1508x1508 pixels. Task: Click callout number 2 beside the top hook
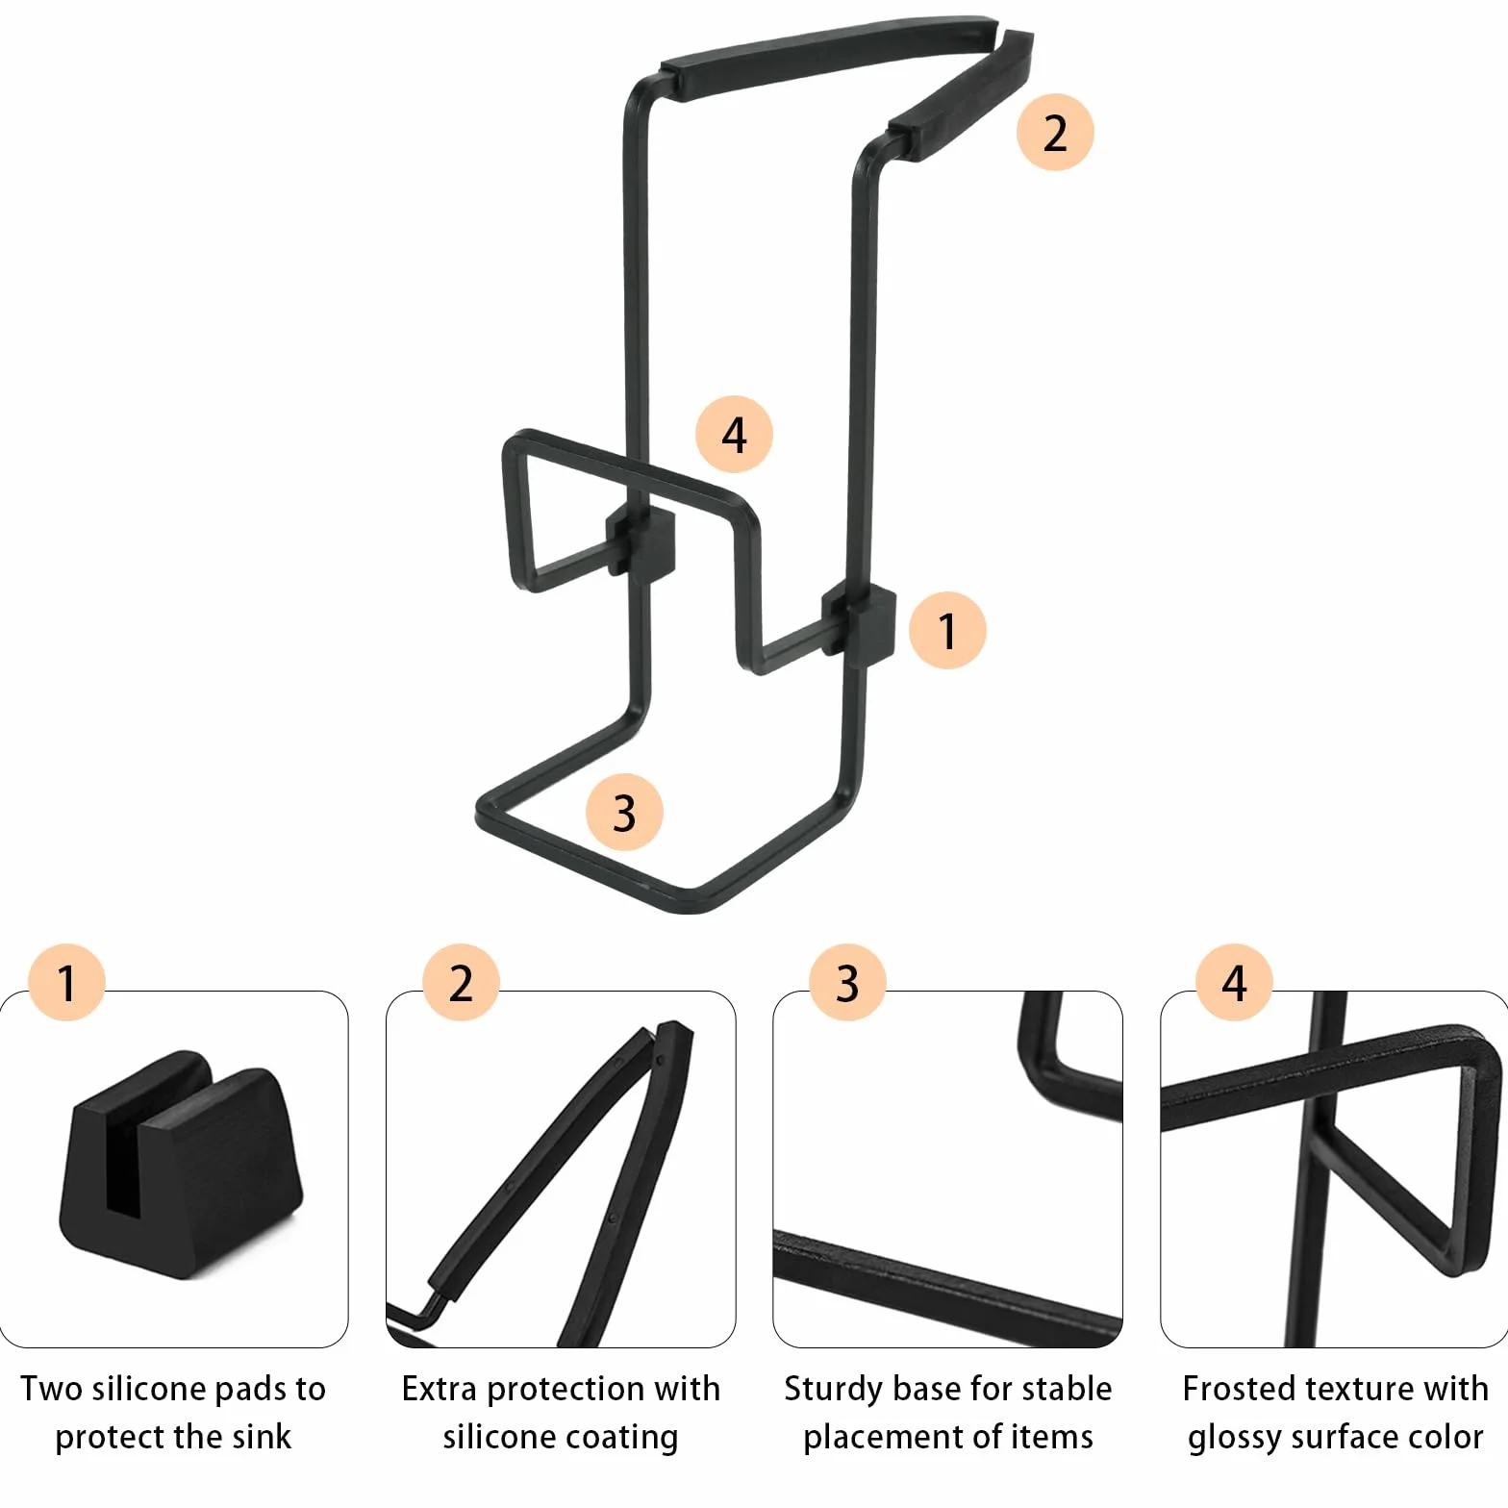click(x=1055, y=133)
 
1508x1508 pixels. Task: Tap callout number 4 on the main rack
click(x=735, y=435)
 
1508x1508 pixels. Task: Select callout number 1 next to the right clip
click(x=947, y=631)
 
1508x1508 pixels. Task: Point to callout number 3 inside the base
click(x=624, y=813)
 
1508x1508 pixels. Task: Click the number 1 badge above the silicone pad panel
click(x=66, y=982)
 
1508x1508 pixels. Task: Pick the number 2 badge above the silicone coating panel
click(x=462, y=982)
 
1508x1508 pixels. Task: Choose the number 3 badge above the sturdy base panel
click(x=847, y=982)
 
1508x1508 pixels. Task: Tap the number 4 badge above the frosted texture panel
click(x=1235, y=982)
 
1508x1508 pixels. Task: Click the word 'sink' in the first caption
click(x=262, y=1437)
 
